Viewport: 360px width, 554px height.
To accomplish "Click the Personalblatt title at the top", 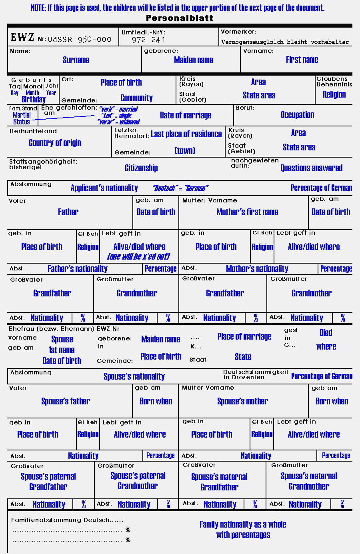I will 180,18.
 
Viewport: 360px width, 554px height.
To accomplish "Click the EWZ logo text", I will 22,38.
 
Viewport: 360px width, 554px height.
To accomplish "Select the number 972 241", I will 148,40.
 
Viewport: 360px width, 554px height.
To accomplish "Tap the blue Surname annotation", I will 76,60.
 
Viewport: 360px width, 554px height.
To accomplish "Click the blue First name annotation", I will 302,60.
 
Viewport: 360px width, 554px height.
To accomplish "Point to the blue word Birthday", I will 34,99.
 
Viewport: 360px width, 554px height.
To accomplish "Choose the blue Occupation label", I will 297,115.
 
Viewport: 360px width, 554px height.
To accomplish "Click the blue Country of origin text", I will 55,143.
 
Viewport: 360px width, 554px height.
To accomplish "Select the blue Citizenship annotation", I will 141,168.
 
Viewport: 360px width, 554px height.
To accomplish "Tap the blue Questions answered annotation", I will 311,168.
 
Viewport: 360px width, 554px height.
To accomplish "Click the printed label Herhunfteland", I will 33,131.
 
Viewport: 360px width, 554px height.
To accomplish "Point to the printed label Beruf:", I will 245,108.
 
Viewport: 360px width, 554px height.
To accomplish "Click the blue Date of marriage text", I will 186,115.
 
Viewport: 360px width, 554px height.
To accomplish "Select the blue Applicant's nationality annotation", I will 104,188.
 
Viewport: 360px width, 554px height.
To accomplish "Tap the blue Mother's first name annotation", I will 247,212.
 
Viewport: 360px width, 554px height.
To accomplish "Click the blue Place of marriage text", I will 244,336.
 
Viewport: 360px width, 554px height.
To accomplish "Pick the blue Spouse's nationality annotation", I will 134,376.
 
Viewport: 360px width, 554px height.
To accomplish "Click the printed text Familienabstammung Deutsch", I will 67,520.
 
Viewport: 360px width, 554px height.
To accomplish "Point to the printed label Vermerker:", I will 238,32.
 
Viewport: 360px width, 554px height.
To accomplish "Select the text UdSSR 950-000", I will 80,39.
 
